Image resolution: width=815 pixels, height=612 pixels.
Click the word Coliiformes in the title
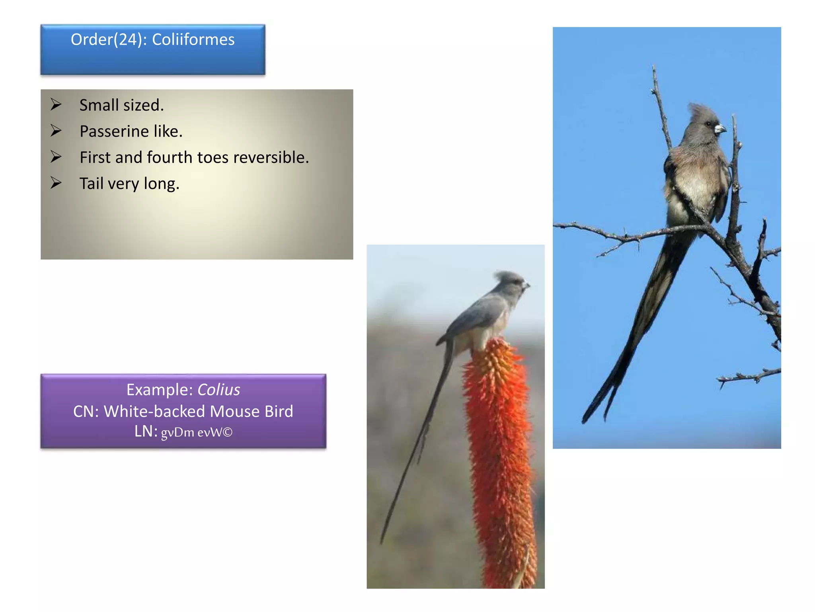pyautogui.click(x=193, y=40)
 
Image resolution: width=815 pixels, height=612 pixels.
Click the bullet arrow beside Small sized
pyautogui.click(x=56, y=105)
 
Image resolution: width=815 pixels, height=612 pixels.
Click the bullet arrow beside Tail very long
pyautogui.click(x=56, y=183)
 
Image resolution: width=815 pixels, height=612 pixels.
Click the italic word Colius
pyautogui.click(x=218, y=390)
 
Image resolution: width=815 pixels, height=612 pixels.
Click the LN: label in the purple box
pyautogui.click(x=146, y=432)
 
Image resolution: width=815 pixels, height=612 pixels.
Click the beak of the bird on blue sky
pyautogui.click(x=720, y=129)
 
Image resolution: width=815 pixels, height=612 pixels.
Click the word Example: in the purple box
pyautogui.click(x=160, y=390)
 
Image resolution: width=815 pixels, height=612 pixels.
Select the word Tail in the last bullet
pyautogui.click(x=91, y=184)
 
